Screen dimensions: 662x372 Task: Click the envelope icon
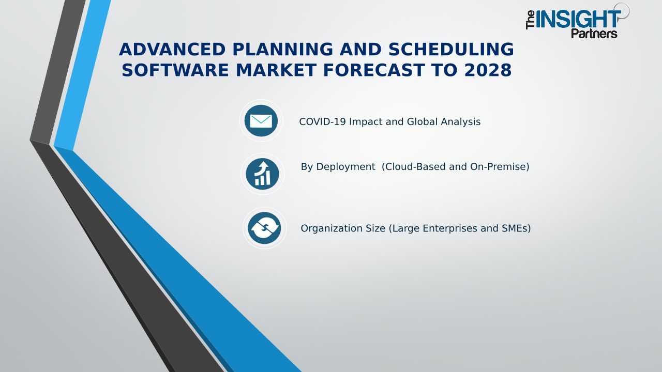pos(261,121)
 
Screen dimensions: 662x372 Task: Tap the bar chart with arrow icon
pos(262,174)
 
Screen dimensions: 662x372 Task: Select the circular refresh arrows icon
pos(264,228)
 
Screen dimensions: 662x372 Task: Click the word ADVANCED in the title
pos(172,49)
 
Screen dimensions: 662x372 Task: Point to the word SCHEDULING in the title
pos(451,49)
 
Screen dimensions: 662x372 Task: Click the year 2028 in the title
pos(488,70)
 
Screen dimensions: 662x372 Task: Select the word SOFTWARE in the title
pos(175,70)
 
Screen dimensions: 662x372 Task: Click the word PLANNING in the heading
pos(283,49)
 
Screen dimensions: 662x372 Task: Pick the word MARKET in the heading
pos(276,70)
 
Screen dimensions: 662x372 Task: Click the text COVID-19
pos(322,121)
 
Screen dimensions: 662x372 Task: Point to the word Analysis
pos(460,121)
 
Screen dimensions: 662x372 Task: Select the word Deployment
pos(345,167)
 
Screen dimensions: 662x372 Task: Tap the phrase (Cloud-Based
pos(413,167)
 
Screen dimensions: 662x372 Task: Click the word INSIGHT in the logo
pos(578,19)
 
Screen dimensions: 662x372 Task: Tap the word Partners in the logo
pos(594,34)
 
